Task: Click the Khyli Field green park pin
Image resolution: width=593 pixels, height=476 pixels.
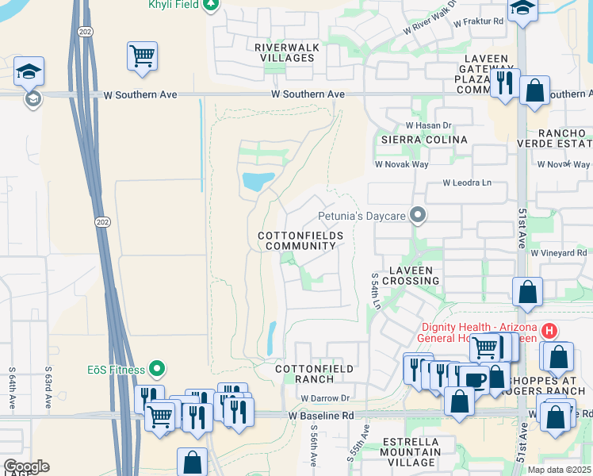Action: pyautogui.click(x=211, y=5)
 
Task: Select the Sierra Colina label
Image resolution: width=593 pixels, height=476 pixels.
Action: pyautogui.click(x=424, y=139)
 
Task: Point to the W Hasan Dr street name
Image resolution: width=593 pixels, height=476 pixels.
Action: pyautogui.click(x=428, y=125)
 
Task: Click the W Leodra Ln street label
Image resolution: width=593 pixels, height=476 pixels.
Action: pyautogui.click(x=467, y=182)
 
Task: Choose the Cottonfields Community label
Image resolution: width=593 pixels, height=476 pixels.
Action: pyautogui.click(x=300, y=241)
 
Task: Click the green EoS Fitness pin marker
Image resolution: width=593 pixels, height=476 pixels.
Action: pyautogui.click(x=157, y=369)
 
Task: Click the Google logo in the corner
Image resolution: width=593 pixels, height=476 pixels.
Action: pyautogui.click(x=25, y=466)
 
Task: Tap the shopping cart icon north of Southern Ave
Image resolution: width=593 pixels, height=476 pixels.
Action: pyautogui.click(x=142, y=56)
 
